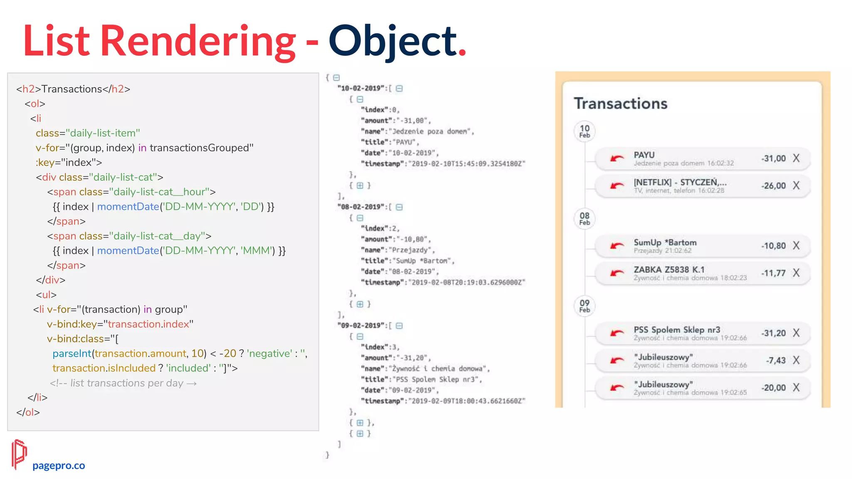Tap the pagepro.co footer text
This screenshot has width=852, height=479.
[x=59, y=465]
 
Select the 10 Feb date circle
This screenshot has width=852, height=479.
[x=585, y=131]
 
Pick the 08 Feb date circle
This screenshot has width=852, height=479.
[x=585, y=219]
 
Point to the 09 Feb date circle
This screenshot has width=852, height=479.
[x=585, y=306]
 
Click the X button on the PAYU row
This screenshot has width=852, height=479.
[x=796, y=158]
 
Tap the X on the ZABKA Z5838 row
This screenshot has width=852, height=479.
[x=796, y=273]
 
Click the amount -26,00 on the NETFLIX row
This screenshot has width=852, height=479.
[x=773, y=185]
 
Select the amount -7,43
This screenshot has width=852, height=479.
[x=775, y=360]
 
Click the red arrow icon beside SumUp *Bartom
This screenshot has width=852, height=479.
[x=617, y=246]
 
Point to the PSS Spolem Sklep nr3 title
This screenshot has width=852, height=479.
[x=676, y=329]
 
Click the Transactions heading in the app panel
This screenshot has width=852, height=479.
[x=620, y=104]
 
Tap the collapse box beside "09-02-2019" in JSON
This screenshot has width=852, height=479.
[x=399, y=326]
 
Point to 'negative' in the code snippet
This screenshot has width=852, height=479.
[x=269, y=353]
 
